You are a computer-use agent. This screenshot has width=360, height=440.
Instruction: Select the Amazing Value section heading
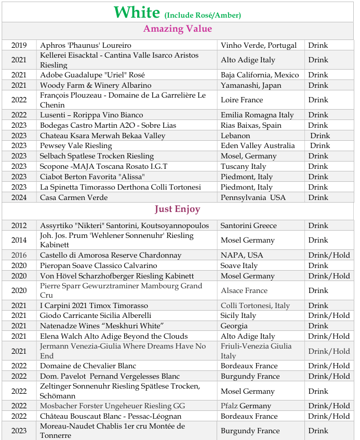178,29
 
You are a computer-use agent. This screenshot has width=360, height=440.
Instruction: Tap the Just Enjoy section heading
177,209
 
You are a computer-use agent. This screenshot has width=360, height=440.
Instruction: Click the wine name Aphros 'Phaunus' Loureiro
86,45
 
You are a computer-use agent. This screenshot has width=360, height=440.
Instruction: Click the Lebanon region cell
235,136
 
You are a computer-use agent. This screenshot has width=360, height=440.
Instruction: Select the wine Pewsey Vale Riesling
76,145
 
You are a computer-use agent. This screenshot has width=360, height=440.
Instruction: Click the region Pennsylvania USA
253,197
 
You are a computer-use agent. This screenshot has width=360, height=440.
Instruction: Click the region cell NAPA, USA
242,255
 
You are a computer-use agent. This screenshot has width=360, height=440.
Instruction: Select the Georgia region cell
234,326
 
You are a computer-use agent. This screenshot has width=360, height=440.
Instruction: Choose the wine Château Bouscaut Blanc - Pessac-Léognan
111,416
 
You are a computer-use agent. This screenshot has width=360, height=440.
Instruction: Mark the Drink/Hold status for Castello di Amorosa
329,255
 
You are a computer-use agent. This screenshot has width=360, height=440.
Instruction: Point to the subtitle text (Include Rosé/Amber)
203,15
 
